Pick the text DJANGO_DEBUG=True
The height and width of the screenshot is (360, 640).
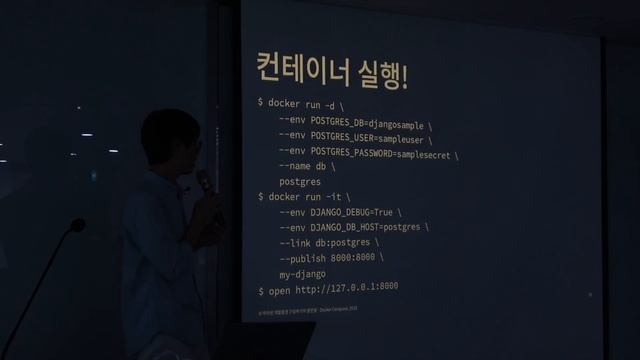(x=355, y=213)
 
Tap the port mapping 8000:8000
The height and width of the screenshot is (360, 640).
(x=359, y=258)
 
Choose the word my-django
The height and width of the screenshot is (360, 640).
(x=302, y=274)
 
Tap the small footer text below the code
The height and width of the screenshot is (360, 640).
(x=300, y=310)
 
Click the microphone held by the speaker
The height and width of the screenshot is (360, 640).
(x=204, y=181)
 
